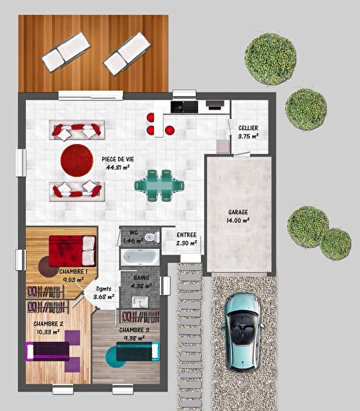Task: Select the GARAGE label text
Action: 239,212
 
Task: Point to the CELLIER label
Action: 248,128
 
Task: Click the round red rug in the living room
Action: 77,159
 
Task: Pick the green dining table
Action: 159,185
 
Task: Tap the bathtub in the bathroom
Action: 139,256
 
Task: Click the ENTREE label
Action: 186,235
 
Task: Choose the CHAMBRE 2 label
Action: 49,323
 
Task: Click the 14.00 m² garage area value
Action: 239,221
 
